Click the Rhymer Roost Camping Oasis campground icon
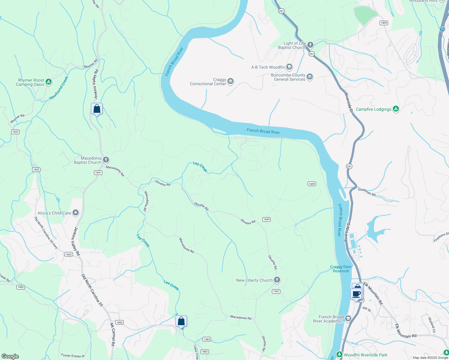pos(49,82)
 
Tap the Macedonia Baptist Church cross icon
pos(106,160)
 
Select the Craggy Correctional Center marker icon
pos(231,81)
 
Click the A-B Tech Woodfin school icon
pos(289,67)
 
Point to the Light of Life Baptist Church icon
pos(310,45)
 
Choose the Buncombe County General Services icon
pos(310,77)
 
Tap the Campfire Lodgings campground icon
pos(396,109)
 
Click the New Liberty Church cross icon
pos(277,280)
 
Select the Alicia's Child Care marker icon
pos(76,213)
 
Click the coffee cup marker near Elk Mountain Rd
pos(356,294)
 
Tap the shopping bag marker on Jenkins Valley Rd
pos(97,109)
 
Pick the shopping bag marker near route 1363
pos(181,321)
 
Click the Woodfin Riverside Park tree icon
pos(339,355)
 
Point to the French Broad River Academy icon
pos(348,318)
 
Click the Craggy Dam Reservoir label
pos(341,269)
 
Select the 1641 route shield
pos(98,172)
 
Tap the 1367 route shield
pos(276,291)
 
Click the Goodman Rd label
pos(367,192)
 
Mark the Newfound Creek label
pos(59,88)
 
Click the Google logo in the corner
pos(10,356)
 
